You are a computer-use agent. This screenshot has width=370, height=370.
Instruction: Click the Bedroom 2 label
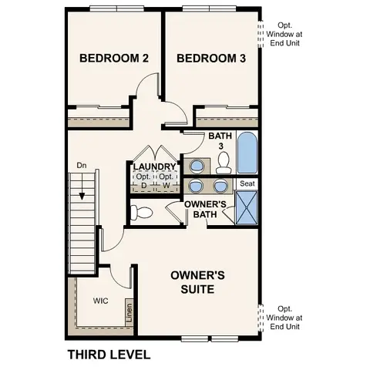[x=114, y=59]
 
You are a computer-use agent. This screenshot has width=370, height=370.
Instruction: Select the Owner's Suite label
[x=197, y=281]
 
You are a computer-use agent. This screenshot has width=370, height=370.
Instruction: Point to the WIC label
[x=100, y=301]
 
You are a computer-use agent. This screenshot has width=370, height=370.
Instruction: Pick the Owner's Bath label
[x=205, y=209]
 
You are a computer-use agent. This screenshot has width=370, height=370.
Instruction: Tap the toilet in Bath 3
[x=224, y=163]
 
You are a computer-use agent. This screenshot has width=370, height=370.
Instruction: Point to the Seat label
[x=247, y=183]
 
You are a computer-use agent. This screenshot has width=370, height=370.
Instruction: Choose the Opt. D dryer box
[x=143, y=182]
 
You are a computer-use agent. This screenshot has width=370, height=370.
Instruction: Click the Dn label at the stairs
[x=81, y=166]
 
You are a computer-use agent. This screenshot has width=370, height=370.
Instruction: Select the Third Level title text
[x=108, y=355]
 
